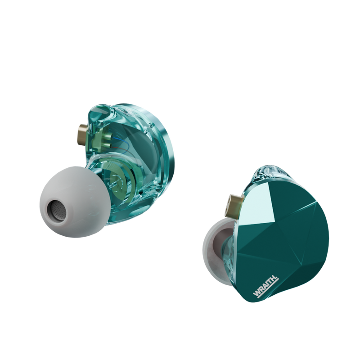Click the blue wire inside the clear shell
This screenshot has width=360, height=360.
[121, 142]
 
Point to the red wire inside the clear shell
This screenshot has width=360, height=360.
[121, 147]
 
